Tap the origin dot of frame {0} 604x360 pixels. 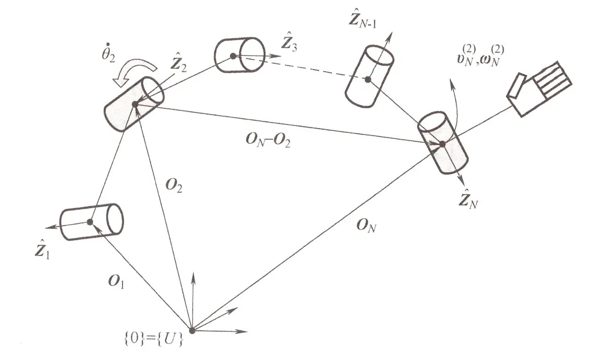[x=192, y=330]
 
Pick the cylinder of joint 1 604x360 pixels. [x=92, y=222]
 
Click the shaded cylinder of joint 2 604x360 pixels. [x=134, y=105]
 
